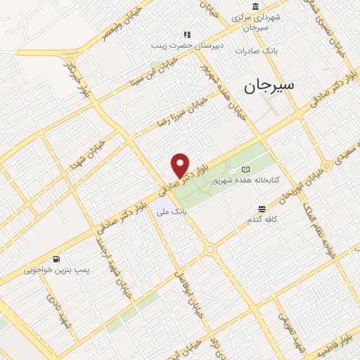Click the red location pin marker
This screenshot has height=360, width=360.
(x=181, y=165)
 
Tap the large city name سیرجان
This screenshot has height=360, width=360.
(x=270, y=87)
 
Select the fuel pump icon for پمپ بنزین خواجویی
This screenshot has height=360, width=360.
(x=56, y=258)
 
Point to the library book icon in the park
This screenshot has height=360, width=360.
(x=245, y=169)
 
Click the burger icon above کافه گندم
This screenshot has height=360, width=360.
(x=262, y=209)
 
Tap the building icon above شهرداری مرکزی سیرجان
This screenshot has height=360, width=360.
(x=254, y=6)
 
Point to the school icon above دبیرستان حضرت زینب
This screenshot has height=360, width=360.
(x=187, y=34)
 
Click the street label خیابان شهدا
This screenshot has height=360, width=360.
(x=87, y=155)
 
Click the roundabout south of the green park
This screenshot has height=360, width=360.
(x=210, y=250)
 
